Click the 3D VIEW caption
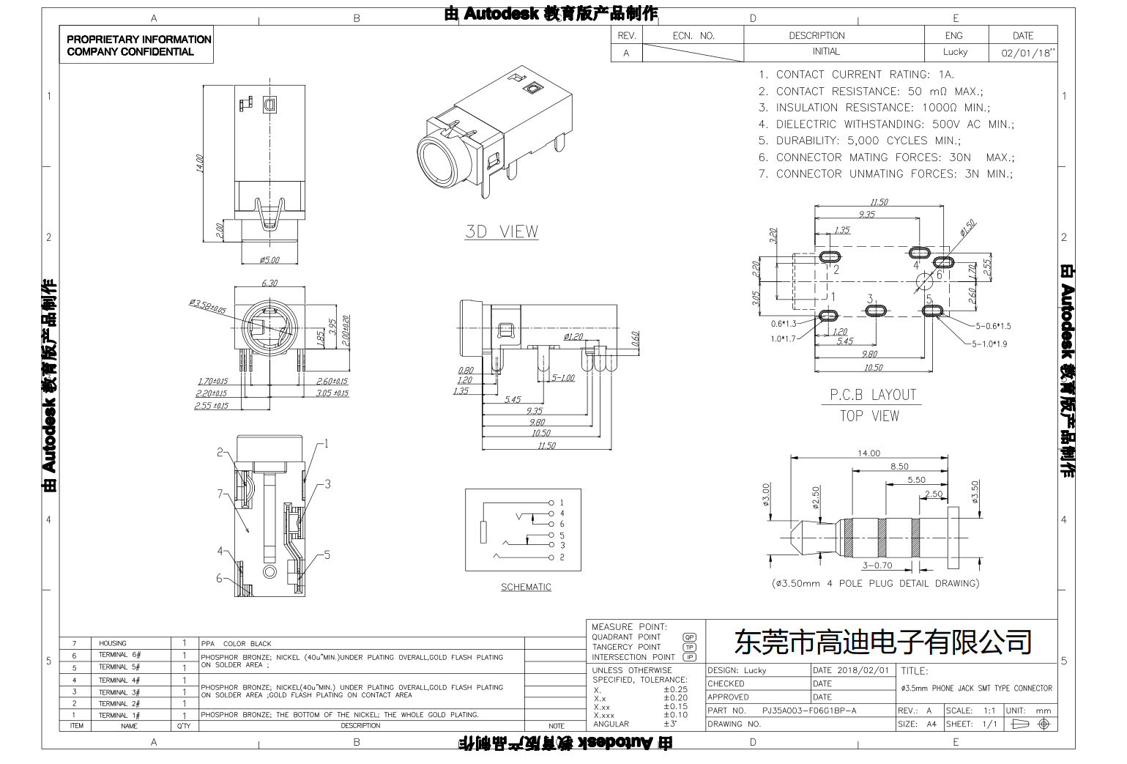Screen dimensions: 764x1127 [x=502, y=231]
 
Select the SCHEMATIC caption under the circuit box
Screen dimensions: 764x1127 [x=526, y=587]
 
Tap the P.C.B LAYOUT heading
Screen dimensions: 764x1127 [x=873, y=395]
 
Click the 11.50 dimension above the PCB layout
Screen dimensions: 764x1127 [x=879, y=202]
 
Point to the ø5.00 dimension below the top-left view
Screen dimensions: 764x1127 [x=269, y=260]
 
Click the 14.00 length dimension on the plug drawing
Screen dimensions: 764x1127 [x=869, y=453]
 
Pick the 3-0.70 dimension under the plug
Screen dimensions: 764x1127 [x=877, y=565]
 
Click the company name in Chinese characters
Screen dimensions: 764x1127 [x=882, y=642]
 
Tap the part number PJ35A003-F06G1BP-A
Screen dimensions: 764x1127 [x=808, y=711]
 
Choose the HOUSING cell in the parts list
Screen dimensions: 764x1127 [x=113, y=643]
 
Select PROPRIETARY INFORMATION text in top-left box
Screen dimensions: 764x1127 [x=138, y=40]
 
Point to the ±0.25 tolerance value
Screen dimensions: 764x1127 [x=675, y=689]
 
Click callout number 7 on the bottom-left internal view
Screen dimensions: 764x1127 [x=220, y=494]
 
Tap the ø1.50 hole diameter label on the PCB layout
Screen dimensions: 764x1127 [x=968, y=229]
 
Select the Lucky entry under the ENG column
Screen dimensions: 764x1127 [x=955, y=52]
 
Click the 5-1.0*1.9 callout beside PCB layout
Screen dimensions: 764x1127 [x=989, y=344]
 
